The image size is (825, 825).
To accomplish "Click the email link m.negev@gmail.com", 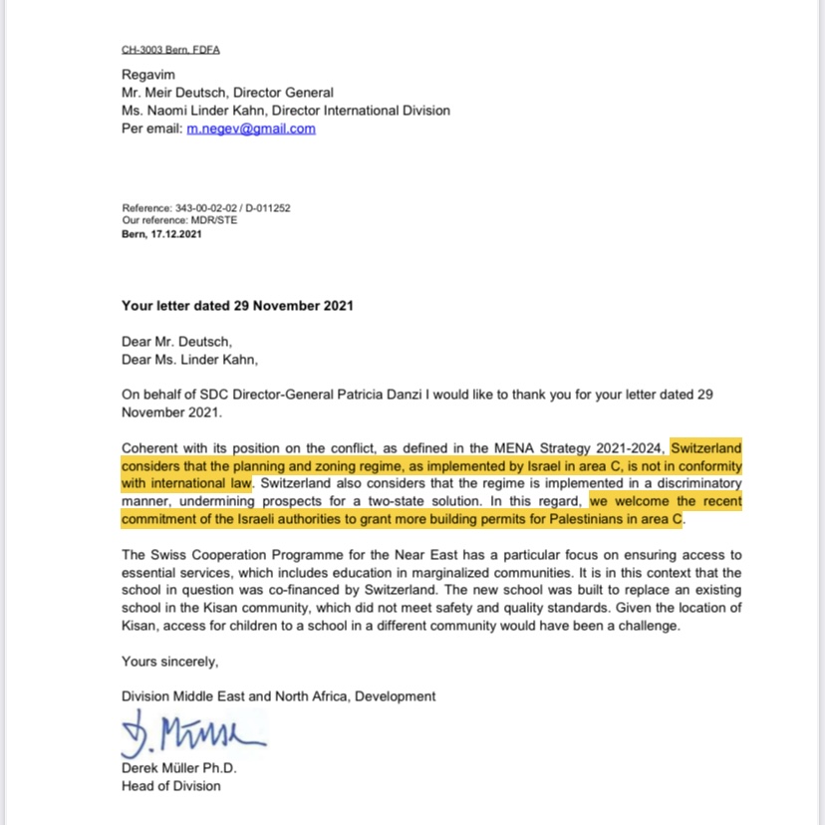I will [251, 129].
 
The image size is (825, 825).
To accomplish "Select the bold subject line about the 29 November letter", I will [237, 306].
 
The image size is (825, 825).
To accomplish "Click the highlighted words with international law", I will [186, 483].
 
